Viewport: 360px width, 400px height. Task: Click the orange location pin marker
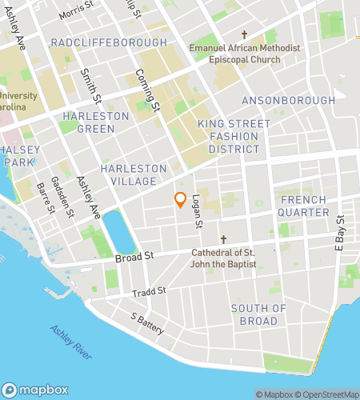(181, 201)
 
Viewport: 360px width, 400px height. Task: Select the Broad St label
(134, 257)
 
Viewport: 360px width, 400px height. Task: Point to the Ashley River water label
(73, 342)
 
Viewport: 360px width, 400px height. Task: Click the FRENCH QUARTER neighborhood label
(302, 206)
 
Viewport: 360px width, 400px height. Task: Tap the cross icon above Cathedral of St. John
(224, 239)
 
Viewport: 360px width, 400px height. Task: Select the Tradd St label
(150, 290)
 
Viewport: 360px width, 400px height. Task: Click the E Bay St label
(340, 232)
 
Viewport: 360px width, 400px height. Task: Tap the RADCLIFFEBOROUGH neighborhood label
(109, 42)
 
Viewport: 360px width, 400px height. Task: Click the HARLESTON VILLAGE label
(134, 175)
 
